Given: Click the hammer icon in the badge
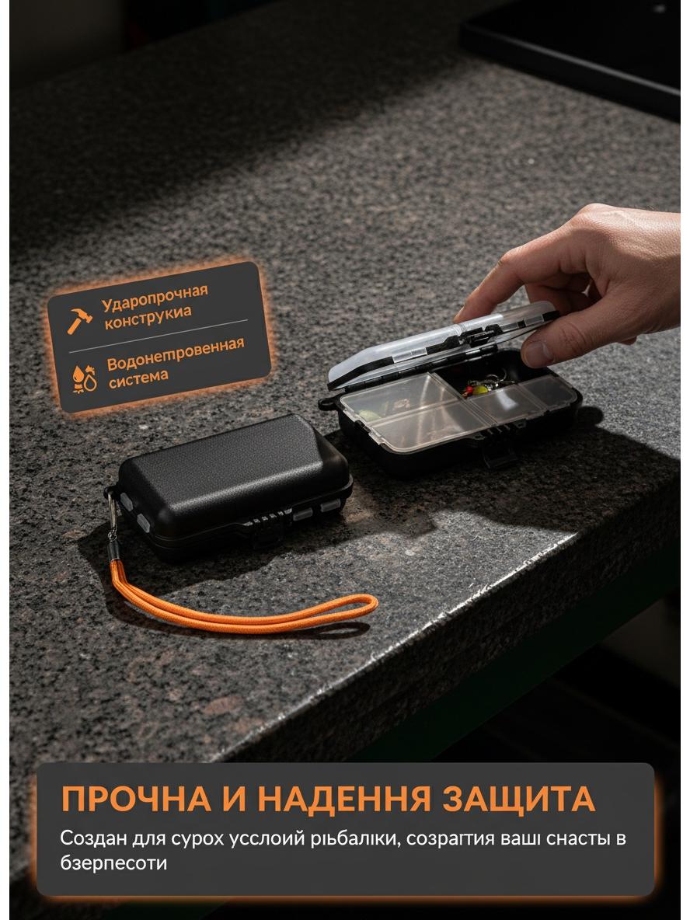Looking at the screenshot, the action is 79,320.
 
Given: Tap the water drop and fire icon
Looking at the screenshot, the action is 84,379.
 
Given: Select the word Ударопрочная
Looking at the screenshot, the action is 155,298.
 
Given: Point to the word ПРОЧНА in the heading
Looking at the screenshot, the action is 137,799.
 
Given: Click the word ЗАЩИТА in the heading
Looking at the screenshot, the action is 519,799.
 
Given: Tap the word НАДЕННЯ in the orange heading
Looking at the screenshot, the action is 343,799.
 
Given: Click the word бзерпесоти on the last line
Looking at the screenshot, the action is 113,863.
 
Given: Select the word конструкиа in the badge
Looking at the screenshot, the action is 148,317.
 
